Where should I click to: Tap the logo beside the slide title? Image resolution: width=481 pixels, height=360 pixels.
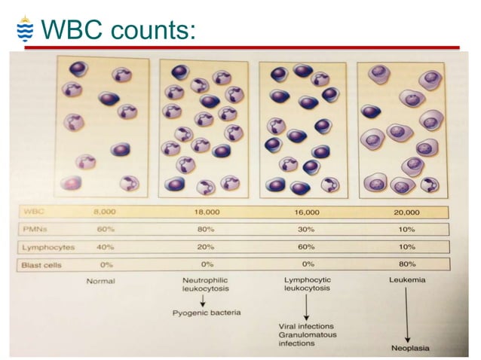23,29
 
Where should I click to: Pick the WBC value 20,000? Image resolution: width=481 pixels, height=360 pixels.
407,213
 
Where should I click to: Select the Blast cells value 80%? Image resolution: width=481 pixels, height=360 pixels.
407,264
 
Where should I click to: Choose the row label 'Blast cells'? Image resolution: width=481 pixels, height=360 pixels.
42,264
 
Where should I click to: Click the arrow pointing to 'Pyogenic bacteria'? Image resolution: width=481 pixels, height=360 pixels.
202,299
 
